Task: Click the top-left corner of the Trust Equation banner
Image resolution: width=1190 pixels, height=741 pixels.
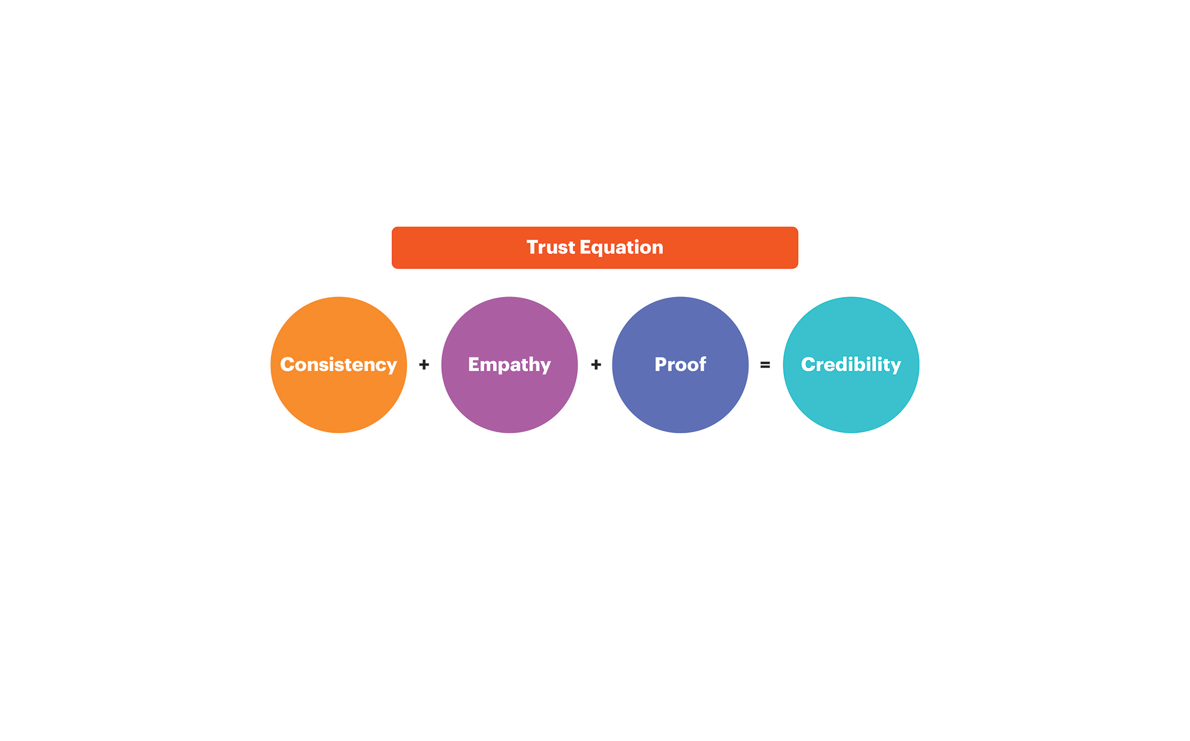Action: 392,227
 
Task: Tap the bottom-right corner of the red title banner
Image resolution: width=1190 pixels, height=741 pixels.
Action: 798,268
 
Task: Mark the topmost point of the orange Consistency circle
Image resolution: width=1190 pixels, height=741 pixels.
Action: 339,297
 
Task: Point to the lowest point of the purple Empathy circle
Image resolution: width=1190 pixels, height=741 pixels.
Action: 510,433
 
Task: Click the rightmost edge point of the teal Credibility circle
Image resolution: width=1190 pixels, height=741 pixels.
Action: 919,365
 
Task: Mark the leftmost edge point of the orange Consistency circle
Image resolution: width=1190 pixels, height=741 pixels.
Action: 271,365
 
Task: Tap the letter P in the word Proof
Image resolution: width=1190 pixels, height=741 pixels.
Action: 661,365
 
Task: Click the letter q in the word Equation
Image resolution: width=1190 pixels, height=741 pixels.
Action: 598,249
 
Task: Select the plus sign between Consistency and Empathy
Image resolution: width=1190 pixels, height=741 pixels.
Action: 424,365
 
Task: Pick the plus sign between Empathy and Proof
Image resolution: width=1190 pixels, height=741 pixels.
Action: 596,365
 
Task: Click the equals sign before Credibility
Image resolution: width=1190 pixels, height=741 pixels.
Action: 765,365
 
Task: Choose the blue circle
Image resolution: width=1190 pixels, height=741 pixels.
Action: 680,365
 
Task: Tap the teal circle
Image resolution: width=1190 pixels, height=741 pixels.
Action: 851,365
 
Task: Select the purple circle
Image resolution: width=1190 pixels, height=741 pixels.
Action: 510,365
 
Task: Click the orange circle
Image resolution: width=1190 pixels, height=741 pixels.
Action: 339,365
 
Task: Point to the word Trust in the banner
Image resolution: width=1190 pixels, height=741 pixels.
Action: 551,247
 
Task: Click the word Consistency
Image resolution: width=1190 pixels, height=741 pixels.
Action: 339,365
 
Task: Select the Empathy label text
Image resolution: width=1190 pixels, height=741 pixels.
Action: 510,365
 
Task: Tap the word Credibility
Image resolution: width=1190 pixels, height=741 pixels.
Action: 851,365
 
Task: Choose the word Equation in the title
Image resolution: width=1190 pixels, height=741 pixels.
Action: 622,248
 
